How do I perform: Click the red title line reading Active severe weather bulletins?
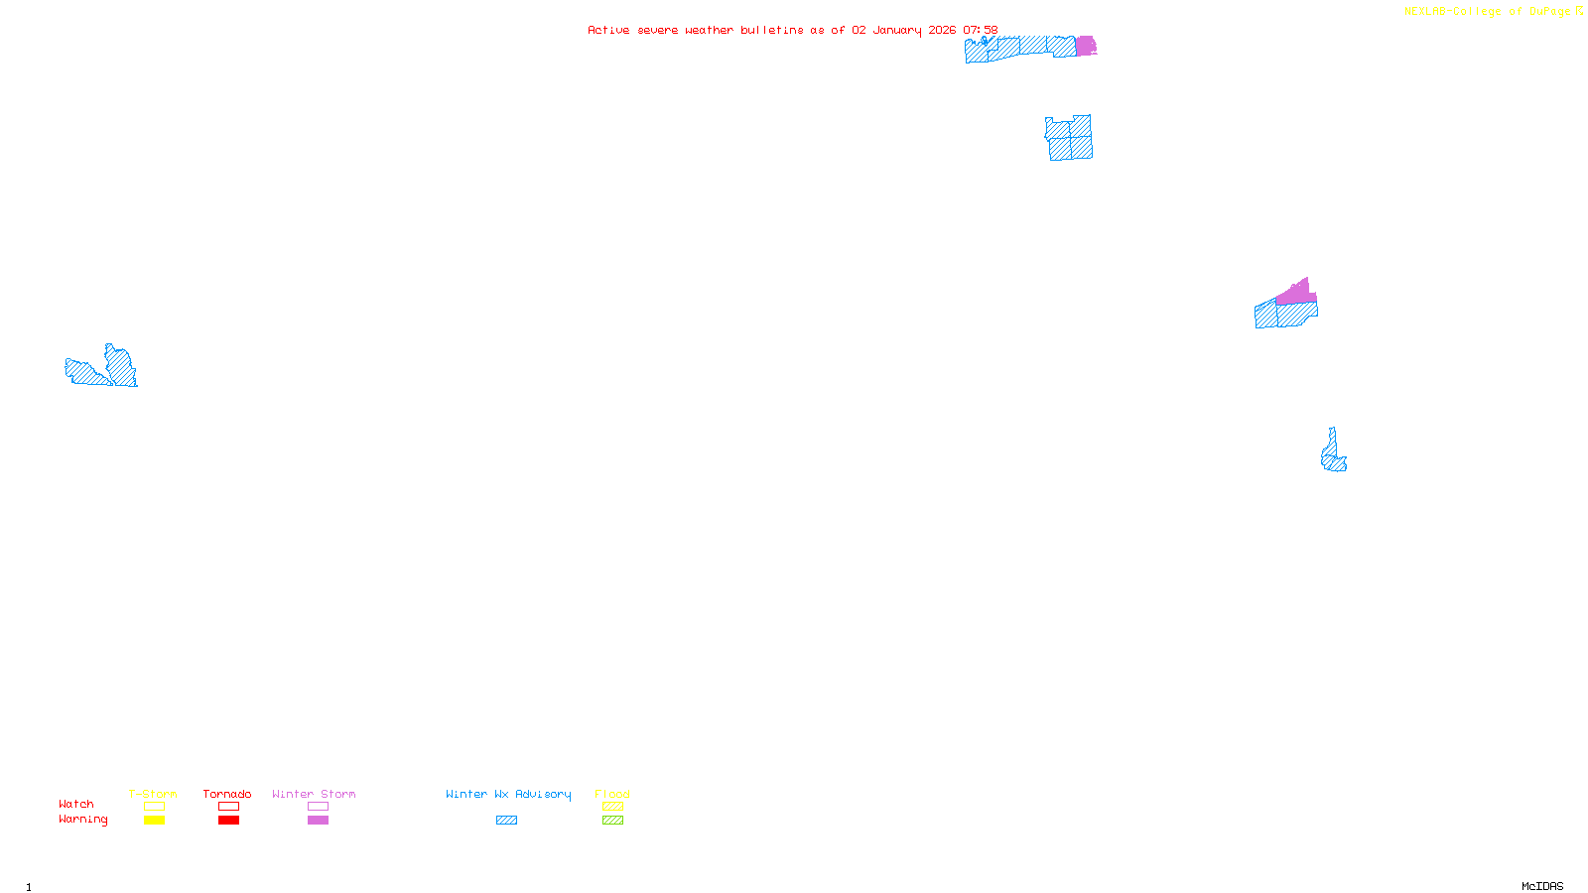792,31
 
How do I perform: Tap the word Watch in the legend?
76,805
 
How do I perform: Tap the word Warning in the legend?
83,820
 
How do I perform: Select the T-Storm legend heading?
153,795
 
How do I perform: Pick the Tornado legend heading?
227,795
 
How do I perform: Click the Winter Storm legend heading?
314,795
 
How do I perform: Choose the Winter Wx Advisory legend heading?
508,795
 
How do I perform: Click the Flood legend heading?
612,795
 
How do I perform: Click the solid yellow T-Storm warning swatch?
154,821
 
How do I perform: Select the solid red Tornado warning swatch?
229,821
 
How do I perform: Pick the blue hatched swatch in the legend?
506,821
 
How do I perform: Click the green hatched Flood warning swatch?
612,821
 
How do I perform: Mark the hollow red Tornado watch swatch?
229,807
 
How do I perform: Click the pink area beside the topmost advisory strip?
1086,46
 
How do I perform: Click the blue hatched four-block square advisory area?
1070,138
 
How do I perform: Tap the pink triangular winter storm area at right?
1296,293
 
